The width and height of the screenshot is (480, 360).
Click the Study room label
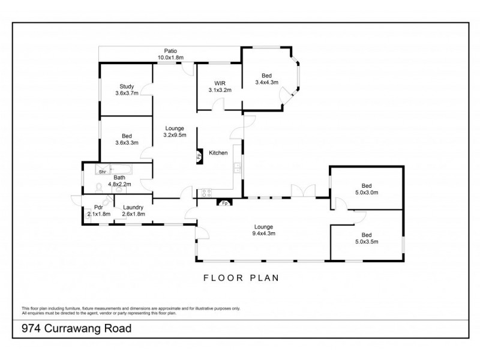coord(127,86)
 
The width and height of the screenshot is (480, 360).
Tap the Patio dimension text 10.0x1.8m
coord(170,58)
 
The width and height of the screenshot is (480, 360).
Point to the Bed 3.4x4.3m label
coord(266,75)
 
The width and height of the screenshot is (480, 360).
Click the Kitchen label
coord(218,153)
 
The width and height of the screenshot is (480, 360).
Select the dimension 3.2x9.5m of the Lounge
coord(177,135)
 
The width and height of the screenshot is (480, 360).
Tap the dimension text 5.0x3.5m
coord(366,241)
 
